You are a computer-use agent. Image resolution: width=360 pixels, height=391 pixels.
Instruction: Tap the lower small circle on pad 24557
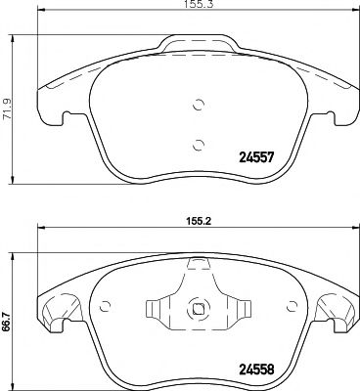(199, 146)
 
